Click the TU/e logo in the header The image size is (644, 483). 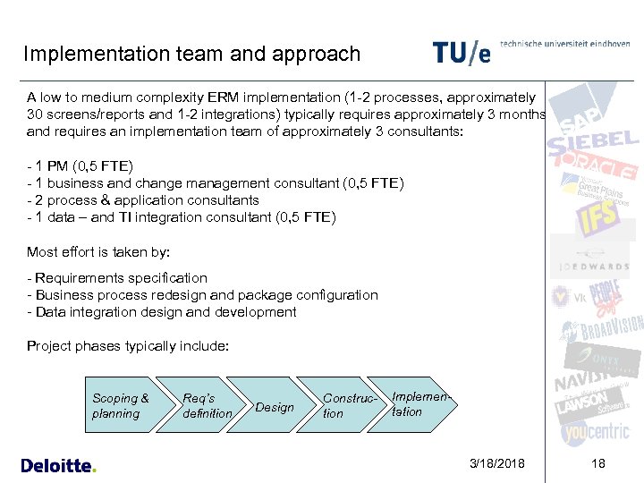462,52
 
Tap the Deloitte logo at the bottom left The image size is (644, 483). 58,465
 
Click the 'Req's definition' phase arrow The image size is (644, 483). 205,406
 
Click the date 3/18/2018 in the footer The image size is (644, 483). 497,464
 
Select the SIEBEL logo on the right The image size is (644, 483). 594,141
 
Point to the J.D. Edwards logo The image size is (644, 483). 595,266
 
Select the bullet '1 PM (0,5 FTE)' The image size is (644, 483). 80,166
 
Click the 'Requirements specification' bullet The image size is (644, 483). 117,278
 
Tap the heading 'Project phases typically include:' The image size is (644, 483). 128,346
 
